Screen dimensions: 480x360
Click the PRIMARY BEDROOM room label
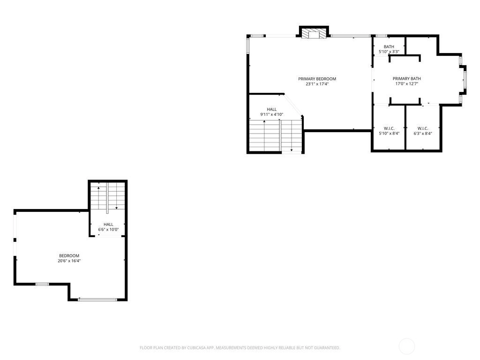click(317, 79)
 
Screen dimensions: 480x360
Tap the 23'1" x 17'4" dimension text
click(317, 84)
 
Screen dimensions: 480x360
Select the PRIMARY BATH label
click(406, 79)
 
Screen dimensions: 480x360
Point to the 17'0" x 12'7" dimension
click(406, 83)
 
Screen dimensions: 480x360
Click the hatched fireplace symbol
click(314, 33)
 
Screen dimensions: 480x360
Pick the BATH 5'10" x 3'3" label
click(389, 49)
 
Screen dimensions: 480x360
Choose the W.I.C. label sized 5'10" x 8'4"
click(389, 131)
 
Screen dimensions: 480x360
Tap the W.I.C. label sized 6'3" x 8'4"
click(422, 131)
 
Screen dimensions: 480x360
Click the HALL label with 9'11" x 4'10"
click(271, 112)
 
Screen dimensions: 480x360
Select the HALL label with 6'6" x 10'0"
click(108, 227)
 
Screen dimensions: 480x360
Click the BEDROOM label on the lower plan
click(69, 255)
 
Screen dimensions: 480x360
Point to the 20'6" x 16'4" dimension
click(69, 261)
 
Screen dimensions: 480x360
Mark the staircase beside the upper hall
click(276, 135)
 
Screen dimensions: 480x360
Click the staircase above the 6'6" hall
click(107, 196)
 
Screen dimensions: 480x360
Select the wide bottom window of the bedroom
click(97, 300)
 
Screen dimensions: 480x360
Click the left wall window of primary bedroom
click(248, 46)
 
